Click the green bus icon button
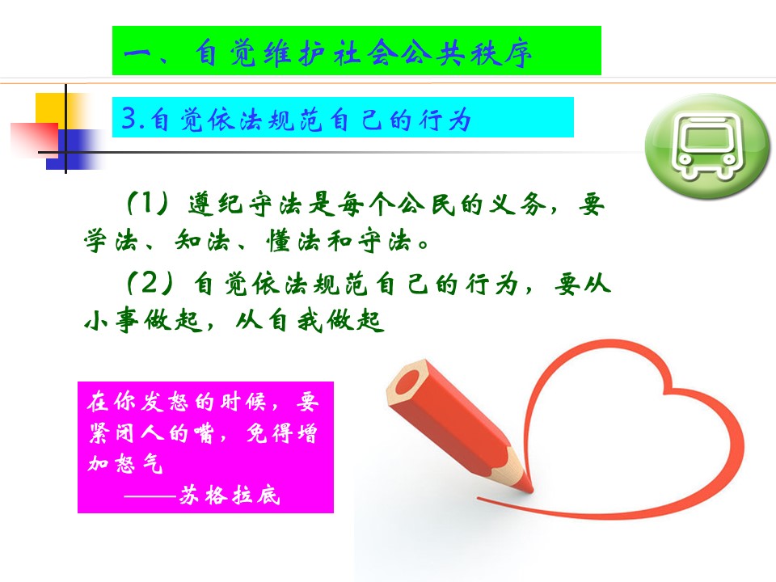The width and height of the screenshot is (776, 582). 707,146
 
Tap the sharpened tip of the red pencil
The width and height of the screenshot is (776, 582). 531,491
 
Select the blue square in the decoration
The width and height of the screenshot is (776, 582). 74,149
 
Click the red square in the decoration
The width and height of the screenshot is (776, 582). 34,138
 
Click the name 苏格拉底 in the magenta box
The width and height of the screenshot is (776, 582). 230,495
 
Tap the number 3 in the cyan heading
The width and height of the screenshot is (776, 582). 129,118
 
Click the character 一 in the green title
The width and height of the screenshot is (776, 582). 137,53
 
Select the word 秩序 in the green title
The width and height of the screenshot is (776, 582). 501,53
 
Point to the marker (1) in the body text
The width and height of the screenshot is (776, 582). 148,203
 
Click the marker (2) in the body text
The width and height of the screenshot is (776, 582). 150,283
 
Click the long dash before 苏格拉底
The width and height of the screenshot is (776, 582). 150,496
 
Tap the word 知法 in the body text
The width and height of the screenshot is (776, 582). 202,241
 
